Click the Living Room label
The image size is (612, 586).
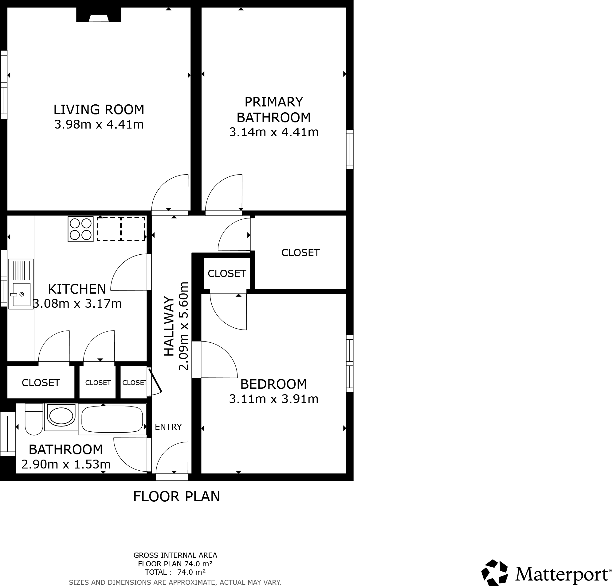pyautogui.click(x=99, y=110)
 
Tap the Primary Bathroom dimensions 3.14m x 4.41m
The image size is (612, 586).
pyautogui.click(x=273, y=132)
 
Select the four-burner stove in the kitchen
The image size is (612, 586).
pyautogui.click(x=80, y=229)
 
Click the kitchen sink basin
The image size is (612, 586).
pyautogui.click(x=22, y=295)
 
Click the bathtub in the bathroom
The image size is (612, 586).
pyautogui.click(x=112, y=419)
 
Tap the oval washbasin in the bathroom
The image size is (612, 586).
pyautogui.click(x=61, y=416)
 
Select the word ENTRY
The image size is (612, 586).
pyautogui.click(x=168, y=427)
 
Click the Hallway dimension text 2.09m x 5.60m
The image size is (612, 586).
pyautogui.click(x=184, y=326)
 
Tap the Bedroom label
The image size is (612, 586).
pyautogui.click(x=273, y=384)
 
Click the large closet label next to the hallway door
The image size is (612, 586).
pyautogui.click(x=300, y=253)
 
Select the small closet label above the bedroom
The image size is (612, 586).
pyautogui.click(x=227, y=273)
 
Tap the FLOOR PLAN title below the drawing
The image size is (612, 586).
pyautogui.click(x=176, y=496)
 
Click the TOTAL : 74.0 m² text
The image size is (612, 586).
pyautogui.click(x=175, y=572)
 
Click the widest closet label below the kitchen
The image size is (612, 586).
pyautogui.click(x=41, y=383)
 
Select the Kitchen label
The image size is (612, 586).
pyautogui.click(x=77, y=289)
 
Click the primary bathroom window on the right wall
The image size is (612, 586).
pyautogui.click(x=350, y=149)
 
